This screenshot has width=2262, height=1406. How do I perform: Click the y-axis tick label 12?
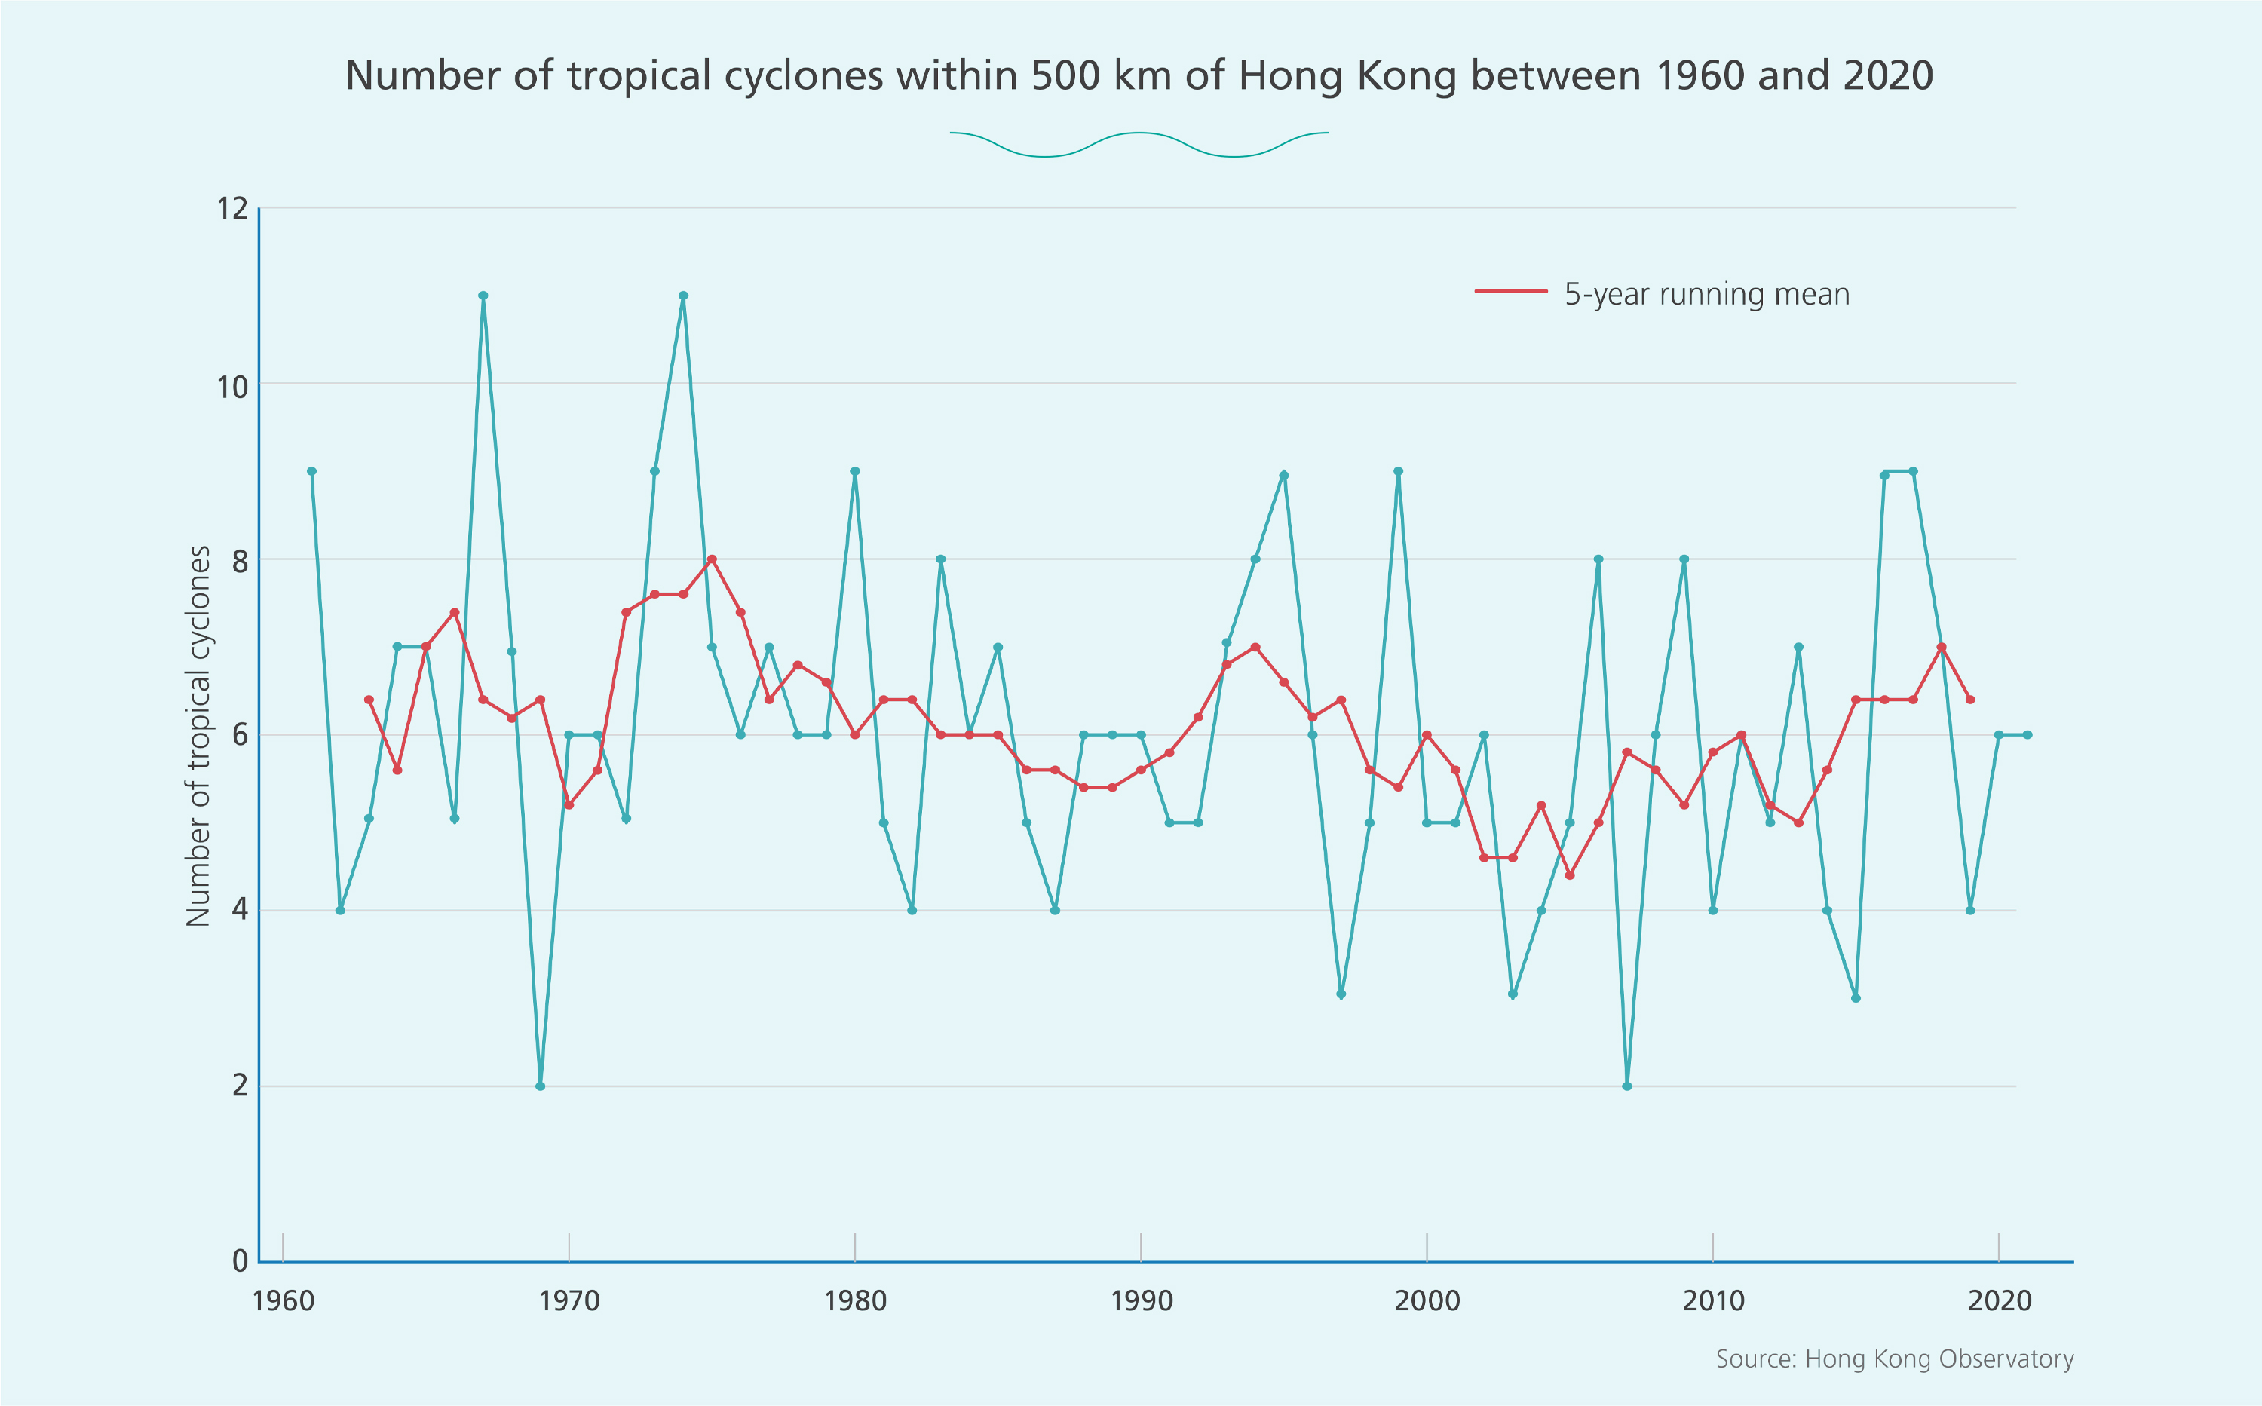[x=232, y=208]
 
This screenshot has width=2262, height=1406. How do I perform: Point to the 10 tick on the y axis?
[x=232, y=385]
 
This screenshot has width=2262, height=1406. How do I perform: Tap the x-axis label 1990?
[x=1142, y=1300]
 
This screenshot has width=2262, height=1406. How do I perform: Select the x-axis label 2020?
[x=1999, y=1300]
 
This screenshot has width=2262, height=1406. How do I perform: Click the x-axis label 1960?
[x=284, y=1300]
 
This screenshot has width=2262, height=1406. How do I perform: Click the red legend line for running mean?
[x=1510, y=292]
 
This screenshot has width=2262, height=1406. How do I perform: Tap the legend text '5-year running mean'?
[x=1707, y=294]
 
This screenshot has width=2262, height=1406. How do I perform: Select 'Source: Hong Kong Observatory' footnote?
[x=1895, y=1359]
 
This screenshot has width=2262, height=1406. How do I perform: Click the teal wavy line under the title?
[x=1139, y=143]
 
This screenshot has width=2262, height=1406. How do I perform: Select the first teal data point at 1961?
[x=311, y=471]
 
